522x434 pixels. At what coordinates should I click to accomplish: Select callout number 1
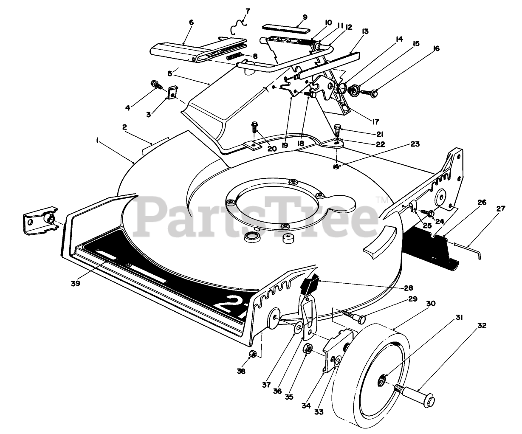(x=98, y=139)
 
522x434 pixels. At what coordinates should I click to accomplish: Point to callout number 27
(x=501, y=208)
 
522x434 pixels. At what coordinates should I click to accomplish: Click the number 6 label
(x=191, y=22)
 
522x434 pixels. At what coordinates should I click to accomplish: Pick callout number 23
(x=415, y=144)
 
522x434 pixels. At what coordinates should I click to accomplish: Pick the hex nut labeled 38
(x=252, y=354)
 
